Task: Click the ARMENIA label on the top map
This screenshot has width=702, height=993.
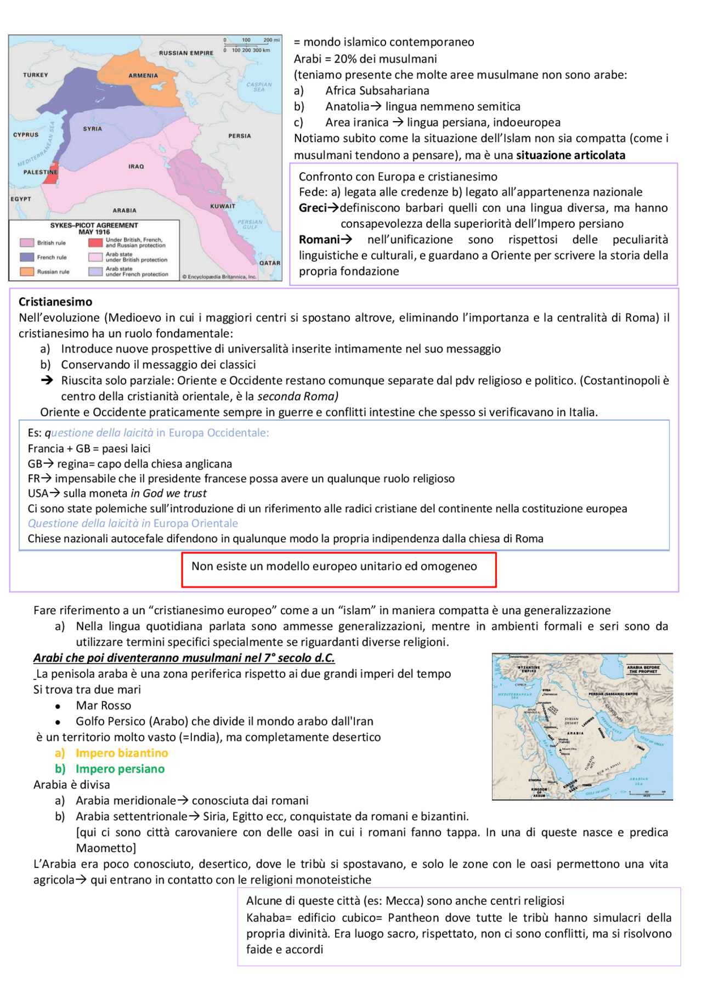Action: tap(143, 76)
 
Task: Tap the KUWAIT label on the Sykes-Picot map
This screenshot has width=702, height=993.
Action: tap(223, 206)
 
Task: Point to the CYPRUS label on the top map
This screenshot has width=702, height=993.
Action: tap(26, 134)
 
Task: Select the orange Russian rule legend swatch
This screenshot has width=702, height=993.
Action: tap(27, 271)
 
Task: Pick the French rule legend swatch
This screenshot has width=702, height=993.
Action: tap(27, 257)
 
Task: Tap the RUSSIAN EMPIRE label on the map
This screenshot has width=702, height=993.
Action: tap(186, 53)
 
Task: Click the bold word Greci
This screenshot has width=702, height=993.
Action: tap(313, 208)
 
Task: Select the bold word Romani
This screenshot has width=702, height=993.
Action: tap(319, 240)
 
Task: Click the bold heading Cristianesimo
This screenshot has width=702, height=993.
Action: tap(55, 302)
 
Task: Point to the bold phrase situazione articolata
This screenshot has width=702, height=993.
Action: tap(570, 155)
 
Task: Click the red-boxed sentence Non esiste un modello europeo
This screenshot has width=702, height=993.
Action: tap(334, 566)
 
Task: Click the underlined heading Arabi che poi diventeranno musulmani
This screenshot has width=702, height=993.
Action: tap(184, 657)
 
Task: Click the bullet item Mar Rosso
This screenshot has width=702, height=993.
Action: tap(103, 705)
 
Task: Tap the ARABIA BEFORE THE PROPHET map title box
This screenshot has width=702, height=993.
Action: tap(643, 669)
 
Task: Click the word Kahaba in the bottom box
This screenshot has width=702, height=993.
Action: tap(267, 918)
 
